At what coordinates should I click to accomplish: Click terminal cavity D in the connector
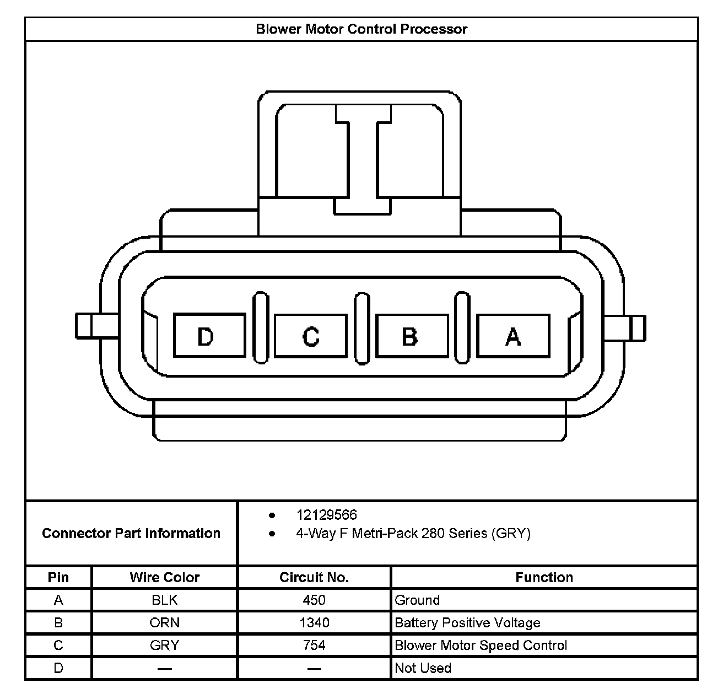209,335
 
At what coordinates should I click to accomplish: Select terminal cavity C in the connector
311,335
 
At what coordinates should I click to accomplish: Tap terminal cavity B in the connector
412,335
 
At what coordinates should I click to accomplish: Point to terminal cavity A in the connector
512,335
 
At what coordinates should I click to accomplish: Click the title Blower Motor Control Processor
361,29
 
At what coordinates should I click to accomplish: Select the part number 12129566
326,515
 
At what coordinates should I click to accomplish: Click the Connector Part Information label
131,533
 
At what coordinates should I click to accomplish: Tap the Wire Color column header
164,577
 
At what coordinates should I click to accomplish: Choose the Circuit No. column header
314,577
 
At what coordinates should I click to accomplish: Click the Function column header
544,577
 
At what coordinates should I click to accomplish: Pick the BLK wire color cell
164,600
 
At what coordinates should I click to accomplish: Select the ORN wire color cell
164,622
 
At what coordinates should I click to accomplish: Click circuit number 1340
314,622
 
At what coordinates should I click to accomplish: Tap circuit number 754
314,645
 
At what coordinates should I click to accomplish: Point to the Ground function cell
417,600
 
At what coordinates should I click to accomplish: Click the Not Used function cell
423,668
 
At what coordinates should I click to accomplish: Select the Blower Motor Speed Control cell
481,645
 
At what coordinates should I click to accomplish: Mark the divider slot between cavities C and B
361,328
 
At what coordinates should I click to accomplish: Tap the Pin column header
58,577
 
